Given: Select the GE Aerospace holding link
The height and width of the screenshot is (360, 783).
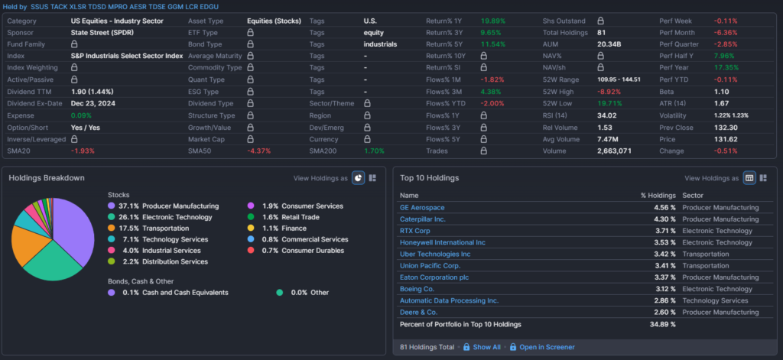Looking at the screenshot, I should pyautogui.click(x=422, y=207).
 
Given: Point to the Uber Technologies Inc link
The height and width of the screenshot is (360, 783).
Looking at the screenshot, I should pyautogui.click(x=435, y=254).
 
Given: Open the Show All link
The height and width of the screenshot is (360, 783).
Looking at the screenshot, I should pyautogui.click(x=486, y=347).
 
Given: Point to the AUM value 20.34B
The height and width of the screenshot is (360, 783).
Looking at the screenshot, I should pyautogui.click(x=609, y=45).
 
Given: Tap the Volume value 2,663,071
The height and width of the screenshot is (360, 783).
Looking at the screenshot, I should pyautogui.click(x=614, y=151).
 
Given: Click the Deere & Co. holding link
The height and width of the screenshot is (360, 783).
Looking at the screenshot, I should pyautogui.click(x=418, y=312).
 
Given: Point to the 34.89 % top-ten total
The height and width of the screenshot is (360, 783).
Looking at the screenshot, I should pyautogui.click(x=662, y=325).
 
